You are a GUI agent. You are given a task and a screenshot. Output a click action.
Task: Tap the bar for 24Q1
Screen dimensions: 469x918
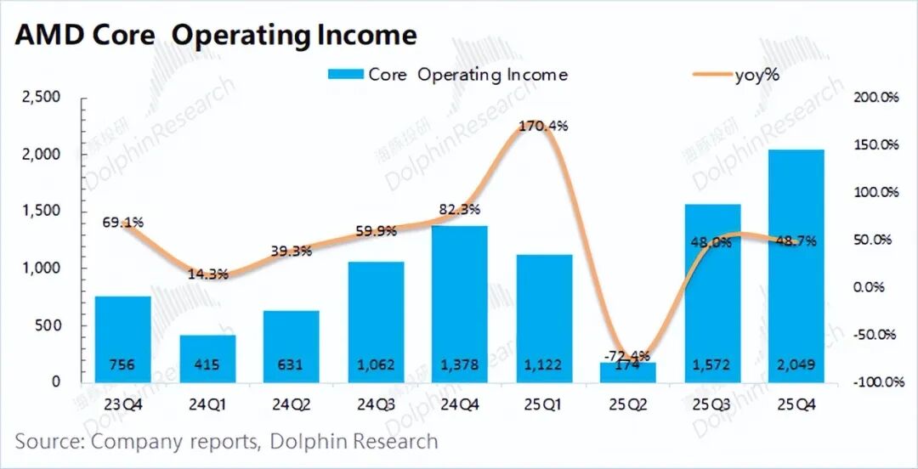pyautogui.click(x=207, y=357)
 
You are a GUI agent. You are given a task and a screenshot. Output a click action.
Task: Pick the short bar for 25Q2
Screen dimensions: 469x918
pyautogui.click(x=628, y=372)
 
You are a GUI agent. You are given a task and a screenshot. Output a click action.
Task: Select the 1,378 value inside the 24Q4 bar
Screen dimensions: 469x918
pyautogui.click(x=460, y=365)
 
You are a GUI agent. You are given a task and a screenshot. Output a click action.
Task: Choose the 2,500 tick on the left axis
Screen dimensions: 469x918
pyautogui.click(x=41, y=98)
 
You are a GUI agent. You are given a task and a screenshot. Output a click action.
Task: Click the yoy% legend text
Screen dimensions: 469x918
pyautogui.click(x=756, y=75)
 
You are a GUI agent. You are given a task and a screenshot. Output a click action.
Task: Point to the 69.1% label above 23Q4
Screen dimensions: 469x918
pyautogui.click(x=122, y=223)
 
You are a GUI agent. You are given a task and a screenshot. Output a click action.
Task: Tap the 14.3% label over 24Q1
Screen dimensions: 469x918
pyautogui.click(x=207, y=274)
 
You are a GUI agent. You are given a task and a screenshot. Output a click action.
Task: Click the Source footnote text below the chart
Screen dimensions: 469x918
pyautogui.click(x=226, y=441)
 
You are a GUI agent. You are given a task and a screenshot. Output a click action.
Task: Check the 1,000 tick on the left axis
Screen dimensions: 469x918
pyautogui.click(x=41, y=268)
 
